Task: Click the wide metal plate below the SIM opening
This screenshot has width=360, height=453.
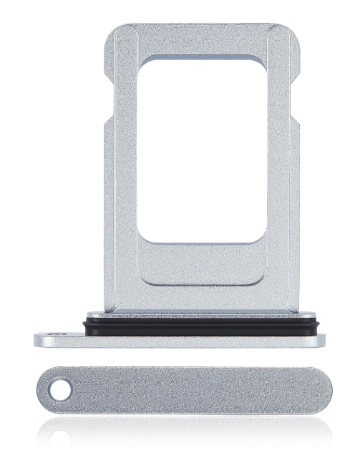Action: (x=200, y=276)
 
